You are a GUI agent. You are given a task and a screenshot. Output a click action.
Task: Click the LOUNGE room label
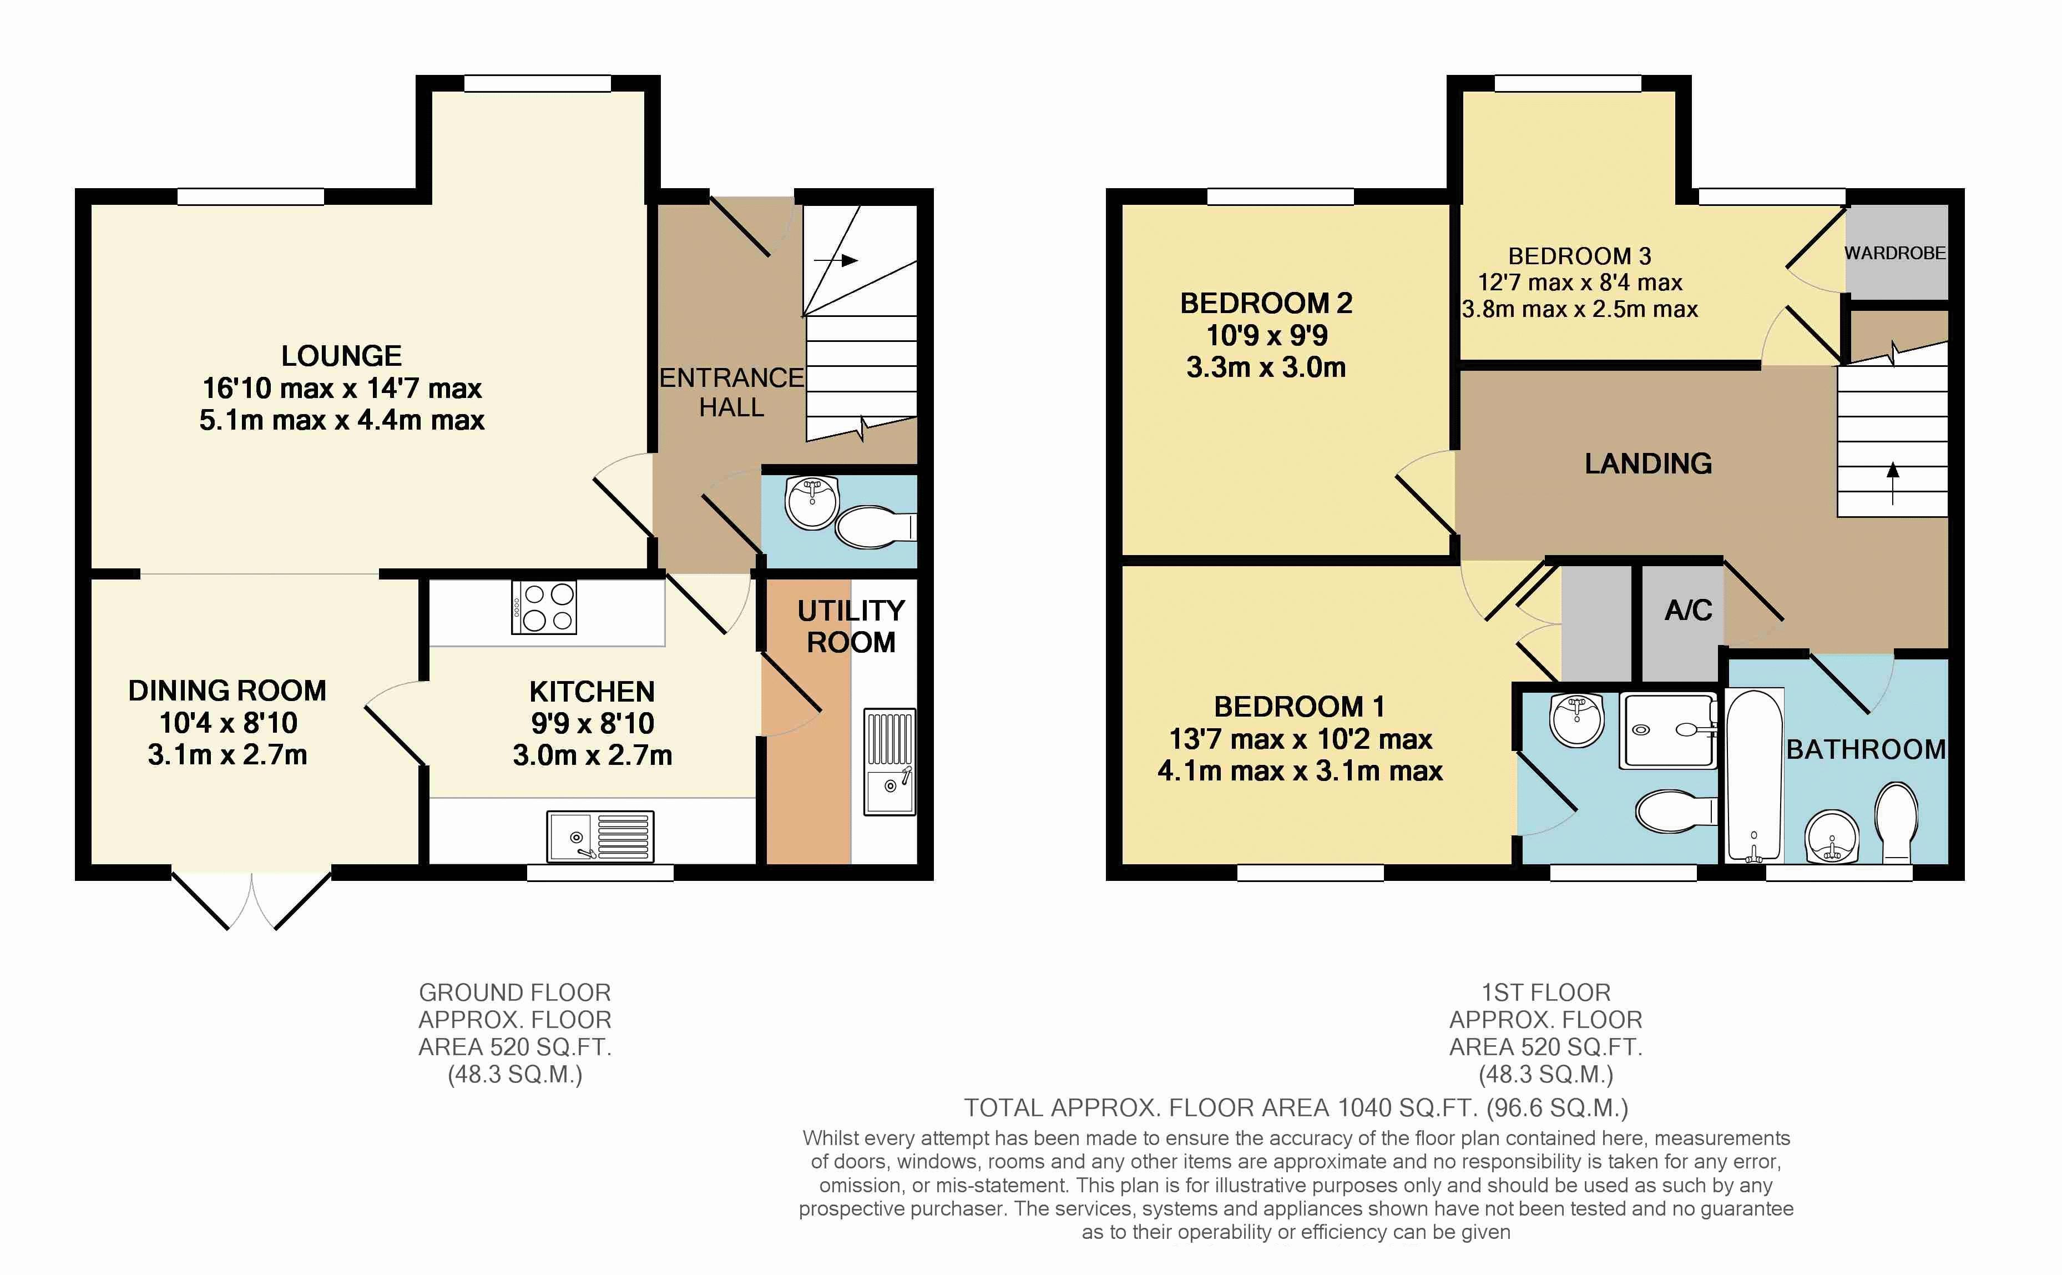point(341,356)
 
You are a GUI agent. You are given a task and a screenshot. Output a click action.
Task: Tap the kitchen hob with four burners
point(544,607)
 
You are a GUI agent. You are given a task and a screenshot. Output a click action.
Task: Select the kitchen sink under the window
point(600,836)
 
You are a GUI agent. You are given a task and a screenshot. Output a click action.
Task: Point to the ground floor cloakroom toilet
point(875,526)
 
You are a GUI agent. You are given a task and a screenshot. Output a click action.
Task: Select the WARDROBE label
point(1895,253)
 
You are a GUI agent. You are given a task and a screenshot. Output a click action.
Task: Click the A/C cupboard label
point(1687,609)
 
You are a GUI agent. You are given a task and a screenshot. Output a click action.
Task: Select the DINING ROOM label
point(227,691)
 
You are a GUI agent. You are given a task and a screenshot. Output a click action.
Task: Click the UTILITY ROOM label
point(851,626)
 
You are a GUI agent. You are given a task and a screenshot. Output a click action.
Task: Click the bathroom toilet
point(1896,822)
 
